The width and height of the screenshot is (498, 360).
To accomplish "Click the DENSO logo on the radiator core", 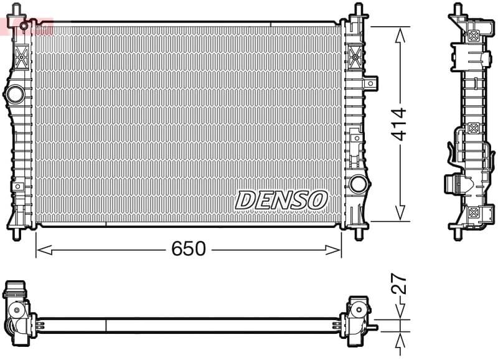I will [x=281, y=200].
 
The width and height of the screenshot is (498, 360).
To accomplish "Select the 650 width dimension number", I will [x=188, y=249].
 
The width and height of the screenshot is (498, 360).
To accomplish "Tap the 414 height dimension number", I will [x=398, y=123].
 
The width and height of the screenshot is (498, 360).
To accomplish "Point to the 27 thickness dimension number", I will [x=399, y=285].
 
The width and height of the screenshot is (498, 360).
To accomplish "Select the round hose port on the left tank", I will [x=14, y=95].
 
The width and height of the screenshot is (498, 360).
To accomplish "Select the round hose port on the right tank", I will [x=358, y=184].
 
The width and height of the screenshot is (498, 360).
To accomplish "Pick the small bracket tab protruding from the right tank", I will [x=372, y=82].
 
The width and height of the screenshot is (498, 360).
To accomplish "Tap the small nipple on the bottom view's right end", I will [x=374, y=326].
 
